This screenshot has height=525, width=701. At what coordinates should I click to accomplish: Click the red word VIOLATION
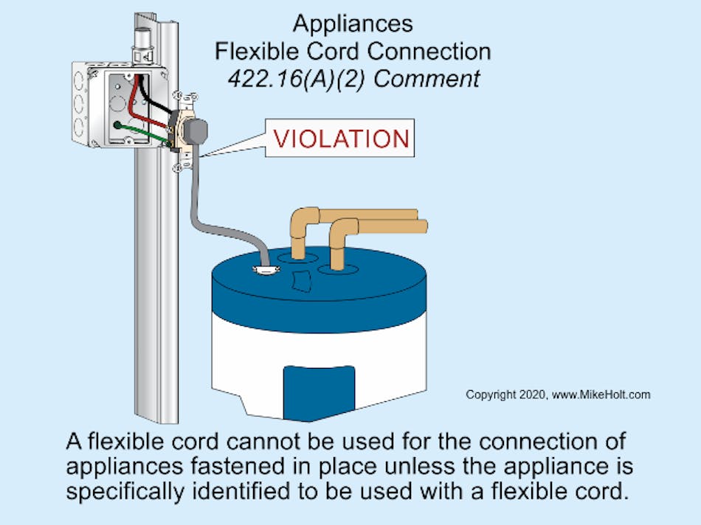(341, 139)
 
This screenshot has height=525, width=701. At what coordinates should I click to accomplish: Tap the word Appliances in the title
(353, 24)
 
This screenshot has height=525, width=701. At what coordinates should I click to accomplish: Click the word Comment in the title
(427, 78)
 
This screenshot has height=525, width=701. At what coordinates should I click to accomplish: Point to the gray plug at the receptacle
(195, 131)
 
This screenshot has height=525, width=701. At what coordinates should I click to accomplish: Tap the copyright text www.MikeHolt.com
(601, 394)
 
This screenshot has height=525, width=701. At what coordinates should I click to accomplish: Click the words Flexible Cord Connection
(352, 51)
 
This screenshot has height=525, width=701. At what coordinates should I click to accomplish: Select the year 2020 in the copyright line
(531, 394)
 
